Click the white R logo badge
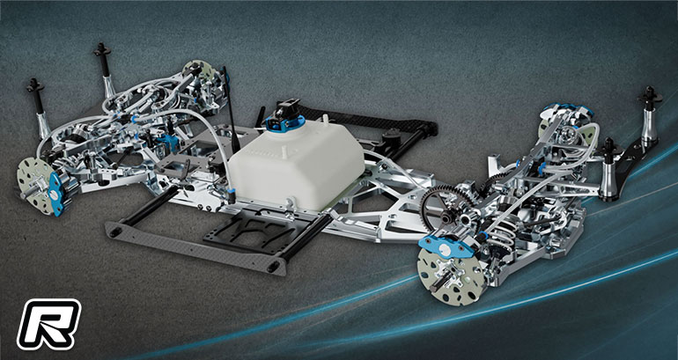(x=48, y=324)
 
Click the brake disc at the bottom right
(x=452, y=274)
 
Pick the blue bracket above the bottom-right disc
(x=445, y=247)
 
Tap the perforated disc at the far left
(x=36, y=185)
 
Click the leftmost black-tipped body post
(x=38, y=108)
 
